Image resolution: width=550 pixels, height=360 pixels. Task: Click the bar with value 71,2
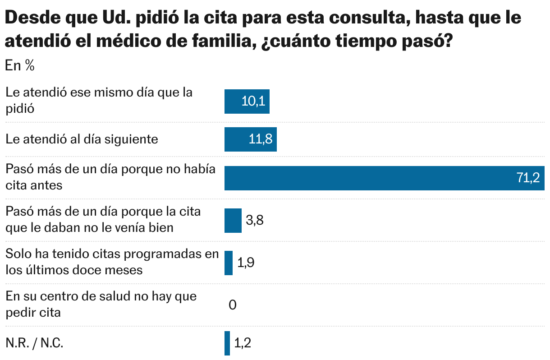[x=384, y=178]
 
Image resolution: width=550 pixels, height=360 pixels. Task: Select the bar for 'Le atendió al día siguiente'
[x=250, y=139]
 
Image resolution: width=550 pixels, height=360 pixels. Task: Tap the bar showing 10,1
[x=247, y=101]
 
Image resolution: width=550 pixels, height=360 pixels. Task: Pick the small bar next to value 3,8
[x=233, y=221]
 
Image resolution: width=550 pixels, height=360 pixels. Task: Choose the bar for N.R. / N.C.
[x=227, y=343]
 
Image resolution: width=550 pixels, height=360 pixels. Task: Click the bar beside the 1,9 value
[x=229, y=263]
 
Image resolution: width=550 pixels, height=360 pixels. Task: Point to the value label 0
[x=233, y=305]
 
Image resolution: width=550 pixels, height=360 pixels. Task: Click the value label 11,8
[x=261, y=139]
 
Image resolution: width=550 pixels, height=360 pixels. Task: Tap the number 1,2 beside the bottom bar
[x=243, y=343]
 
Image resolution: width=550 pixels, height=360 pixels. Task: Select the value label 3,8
[x=254, y=221]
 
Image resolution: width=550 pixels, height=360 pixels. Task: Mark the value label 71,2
[x=528, y=178]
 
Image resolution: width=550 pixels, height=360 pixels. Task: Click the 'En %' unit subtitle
[x=20, y=66]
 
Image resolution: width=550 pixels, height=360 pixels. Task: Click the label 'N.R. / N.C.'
[x=34, y=343]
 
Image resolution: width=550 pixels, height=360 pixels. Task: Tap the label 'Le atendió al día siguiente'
[x=82, y=139]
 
